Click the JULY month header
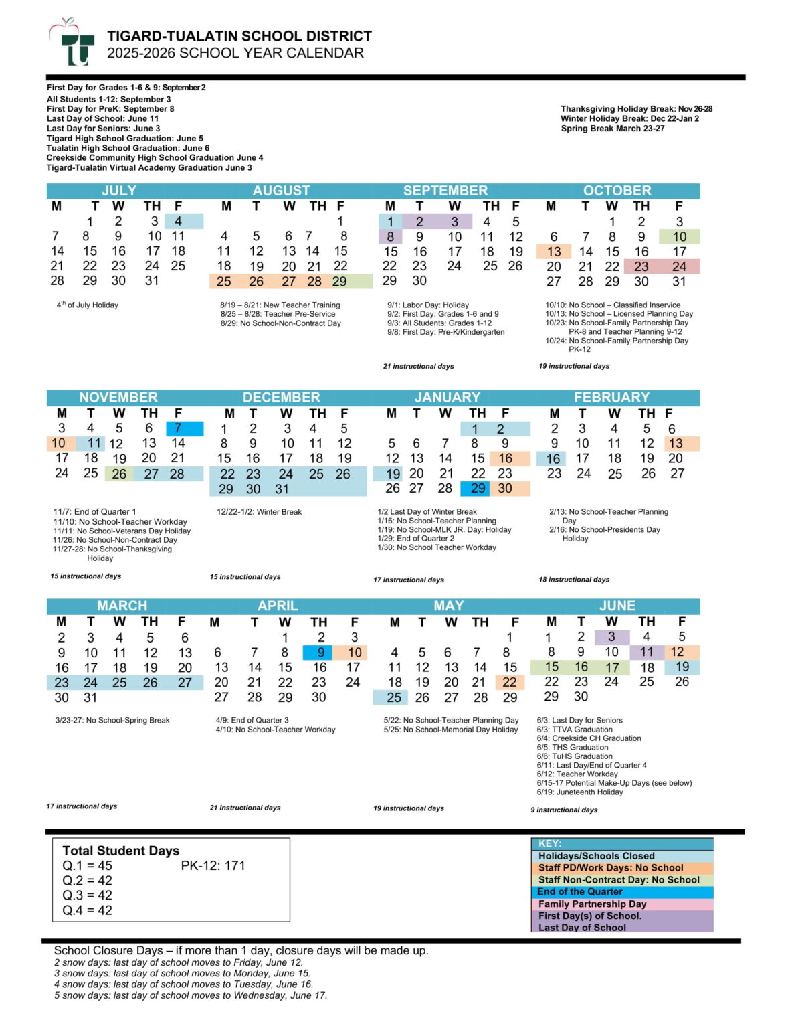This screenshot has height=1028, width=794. click(118, 191)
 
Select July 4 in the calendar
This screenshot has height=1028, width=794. click(178, 222)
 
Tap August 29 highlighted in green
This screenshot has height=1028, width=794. click(340, 282)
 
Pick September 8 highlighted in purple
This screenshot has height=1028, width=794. click(391, 236)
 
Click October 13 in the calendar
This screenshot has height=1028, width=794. click(554, 252)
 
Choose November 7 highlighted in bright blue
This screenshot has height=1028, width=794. click(178, 428)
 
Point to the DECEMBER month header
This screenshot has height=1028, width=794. click(281, 398)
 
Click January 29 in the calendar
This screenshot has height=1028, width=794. click(478, 489)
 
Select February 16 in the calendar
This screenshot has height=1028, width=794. click(553, 459)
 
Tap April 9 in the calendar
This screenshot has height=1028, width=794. click(321, 653)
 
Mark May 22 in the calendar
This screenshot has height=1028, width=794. click(510, 682)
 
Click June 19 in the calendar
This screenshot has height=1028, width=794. click(682, 667)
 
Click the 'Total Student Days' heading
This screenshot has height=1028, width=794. click(120, 851)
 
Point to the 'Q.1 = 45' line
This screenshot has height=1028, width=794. click(87, 866)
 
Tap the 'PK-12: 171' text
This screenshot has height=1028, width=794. click(213, 866)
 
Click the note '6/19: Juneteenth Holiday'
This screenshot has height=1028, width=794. click(579, 792)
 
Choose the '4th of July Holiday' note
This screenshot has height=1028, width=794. click(87, 305)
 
